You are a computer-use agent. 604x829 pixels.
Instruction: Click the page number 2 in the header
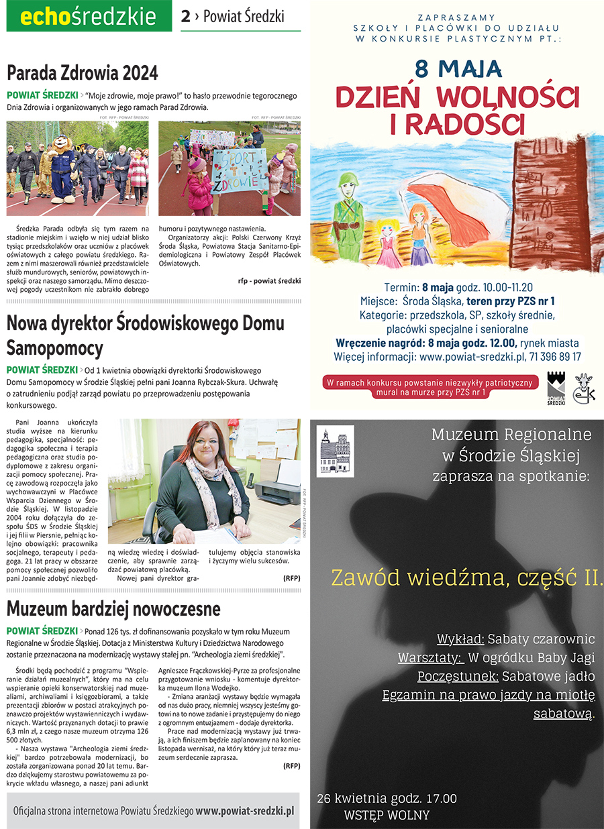[x=185, y=17]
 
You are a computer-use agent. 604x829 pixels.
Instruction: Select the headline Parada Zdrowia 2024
[x=83, y=72]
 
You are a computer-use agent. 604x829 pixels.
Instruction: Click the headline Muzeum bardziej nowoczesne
[x=113, y=608]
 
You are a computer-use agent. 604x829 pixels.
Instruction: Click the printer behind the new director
[x=277, y=492]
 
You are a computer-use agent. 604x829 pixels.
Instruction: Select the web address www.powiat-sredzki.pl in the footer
[x=245, y=810]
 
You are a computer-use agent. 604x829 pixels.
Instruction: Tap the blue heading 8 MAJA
[x=458, y=68]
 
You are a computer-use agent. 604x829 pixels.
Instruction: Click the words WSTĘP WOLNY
[x=386, y=816]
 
